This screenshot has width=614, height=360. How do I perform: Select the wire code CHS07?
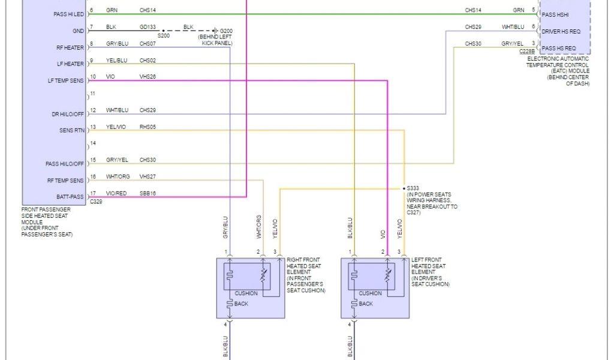pos(148,43)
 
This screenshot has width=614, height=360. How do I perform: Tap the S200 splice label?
pos(164,36)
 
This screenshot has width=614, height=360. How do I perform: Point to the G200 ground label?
pos(226,30)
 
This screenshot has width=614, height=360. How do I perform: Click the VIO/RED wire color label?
pos(116,193)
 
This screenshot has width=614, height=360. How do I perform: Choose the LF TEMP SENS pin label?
pos(66,80)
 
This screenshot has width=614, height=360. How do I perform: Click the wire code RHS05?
pos(148,127)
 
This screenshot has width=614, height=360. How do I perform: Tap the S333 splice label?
pos(414,188)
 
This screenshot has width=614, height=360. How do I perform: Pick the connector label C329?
pos(96,202)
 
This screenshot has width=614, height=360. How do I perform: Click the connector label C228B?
pos(528,52)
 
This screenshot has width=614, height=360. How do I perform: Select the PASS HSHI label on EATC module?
pos(555,14)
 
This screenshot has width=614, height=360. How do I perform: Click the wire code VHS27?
pos(148,176)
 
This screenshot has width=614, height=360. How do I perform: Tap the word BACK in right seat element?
pos(241,304)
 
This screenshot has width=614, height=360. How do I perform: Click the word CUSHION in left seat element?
pos(370,293)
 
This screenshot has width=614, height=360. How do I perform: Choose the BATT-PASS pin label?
pos(68,197)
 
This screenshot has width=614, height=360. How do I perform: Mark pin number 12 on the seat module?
pos(93,110)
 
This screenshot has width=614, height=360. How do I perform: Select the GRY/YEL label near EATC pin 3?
pos(512,43)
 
